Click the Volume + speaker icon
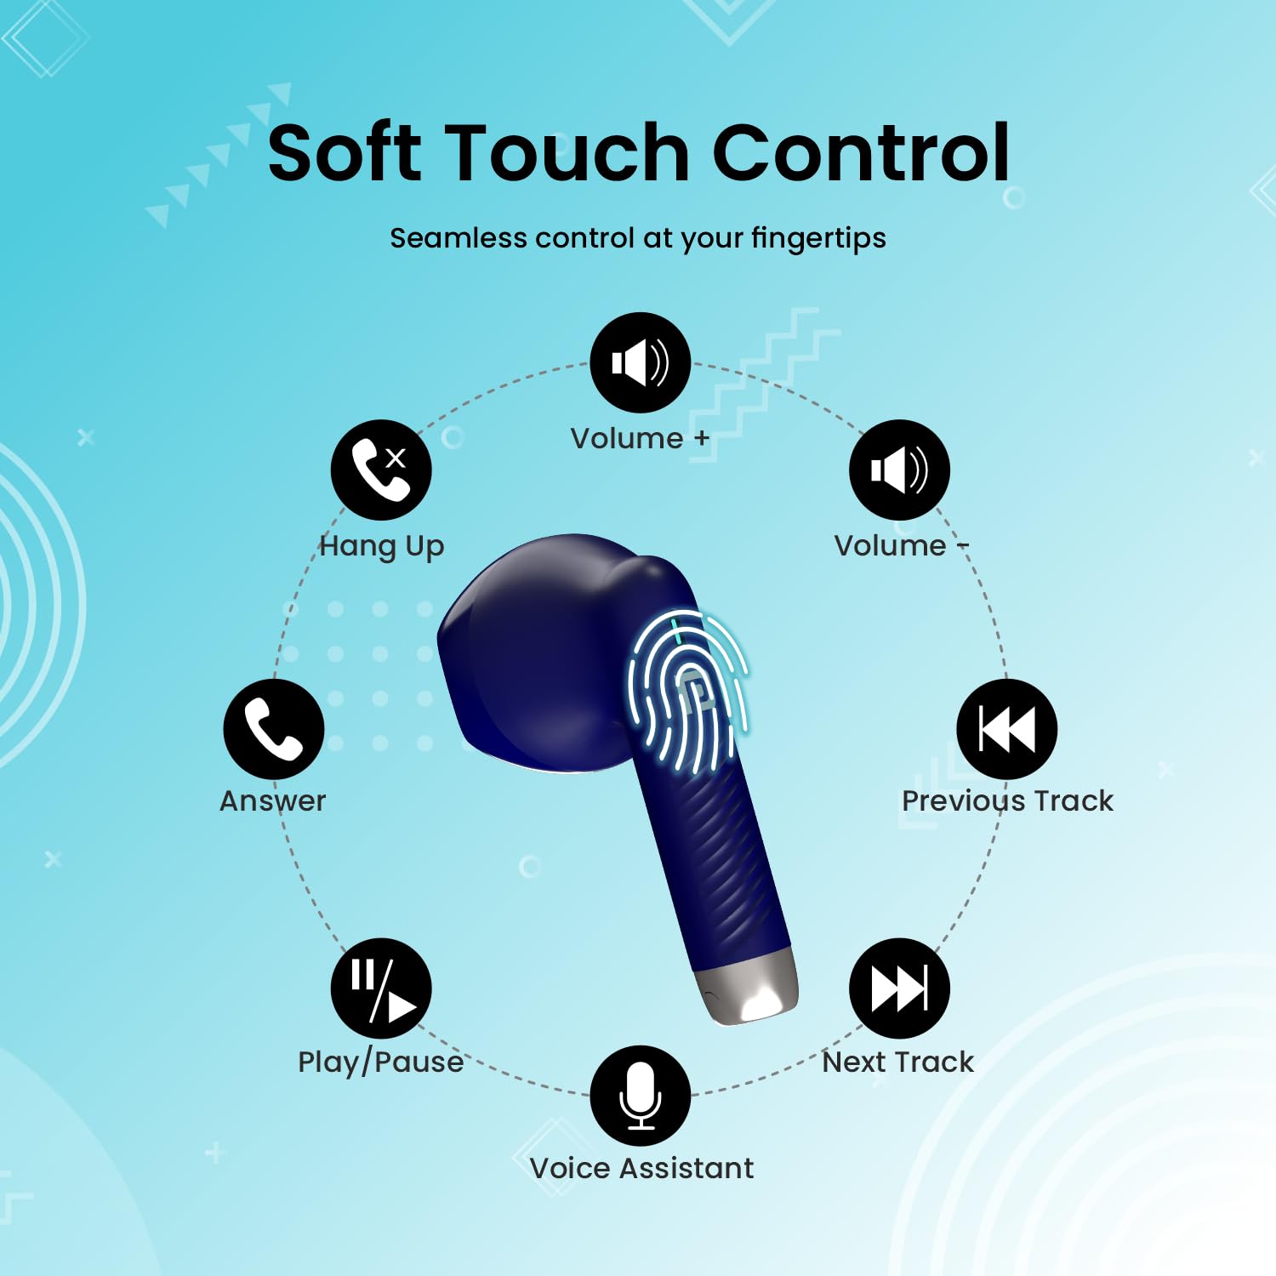click(x=640, y=362)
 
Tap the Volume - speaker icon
click(x=899, y=470)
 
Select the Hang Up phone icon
click(x=381, y=470)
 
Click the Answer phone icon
click(x=274, y=729)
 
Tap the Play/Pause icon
click(x=381, y=988)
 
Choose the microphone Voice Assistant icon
click(x=640, y=1096)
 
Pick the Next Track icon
click(x=899, y=988)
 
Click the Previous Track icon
click(x=1006, y=729)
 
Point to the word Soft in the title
click(x=345, y=153)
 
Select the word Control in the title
click(x=860, y=153)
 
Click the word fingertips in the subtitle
click(x=818, y=239)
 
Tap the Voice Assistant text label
click(x=641, y=1169)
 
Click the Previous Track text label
click(x=1007, y=801)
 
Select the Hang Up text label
click(x=382, y=546)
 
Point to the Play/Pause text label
click(x=380, y=1062)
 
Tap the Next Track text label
click(x=898, y=1062)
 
